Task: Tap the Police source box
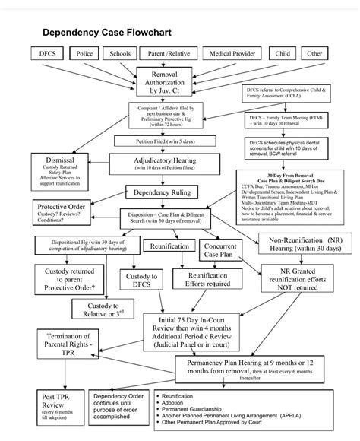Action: pyautogui.click(x=85, y=54)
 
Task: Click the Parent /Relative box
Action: pyautogui.click(x=169, y=54)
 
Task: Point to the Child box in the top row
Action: pyautogui.click(x=283, y=54)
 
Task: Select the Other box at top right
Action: pyautogui.click(x=314, y=54)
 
